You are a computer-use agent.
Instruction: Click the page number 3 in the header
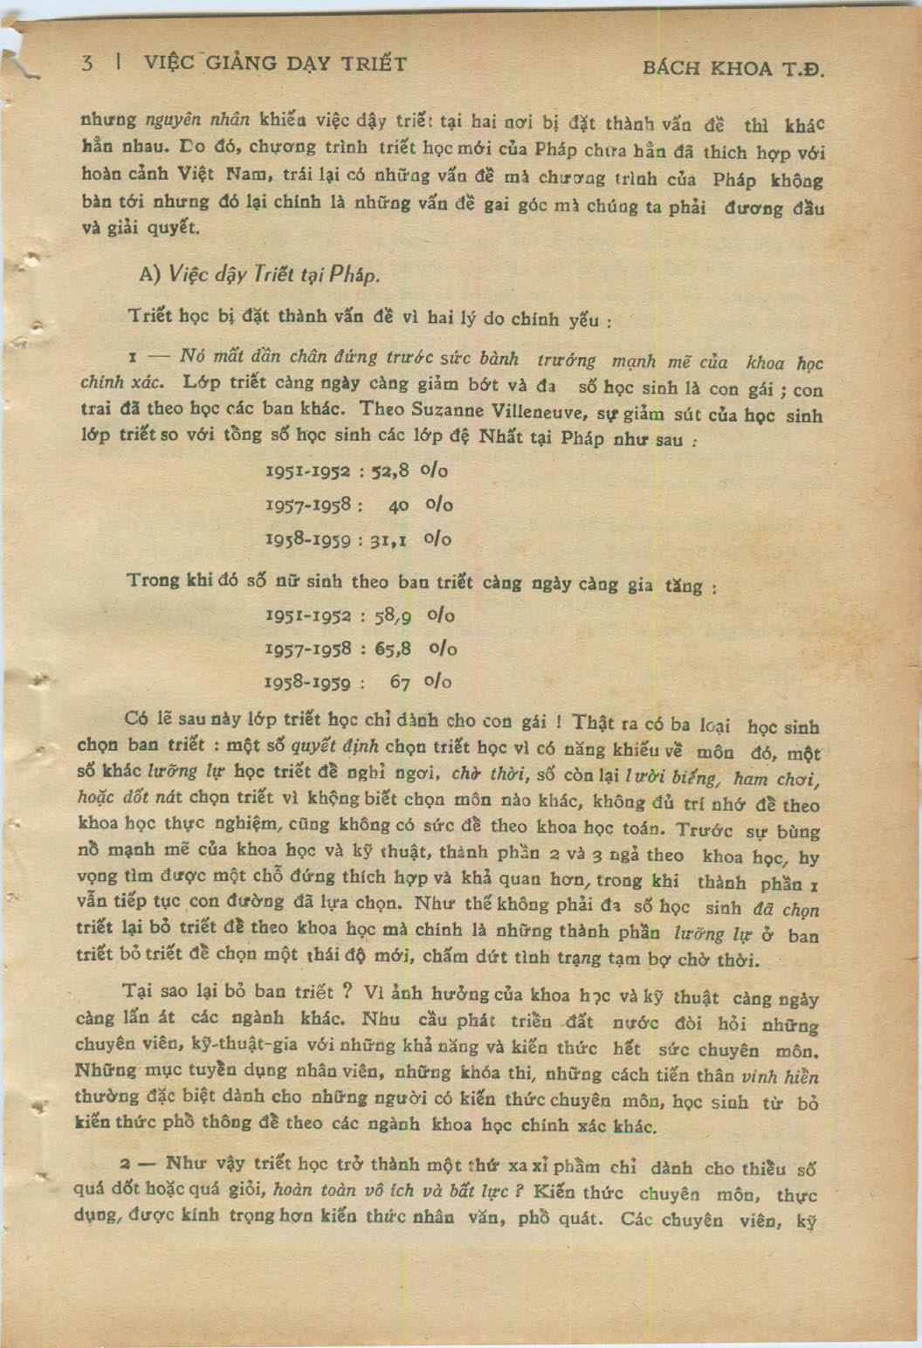(x=86, y=63)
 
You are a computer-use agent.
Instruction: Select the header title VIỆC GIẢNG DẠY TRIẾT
(x=275, y=63)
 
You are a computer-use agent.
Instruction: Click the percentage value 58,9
(x=392, y=616)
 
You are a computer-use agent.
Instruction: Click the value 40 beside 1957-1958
(x=398, y=505)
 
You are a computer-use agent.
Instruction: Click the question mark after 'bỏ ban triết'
(x=347, y=992)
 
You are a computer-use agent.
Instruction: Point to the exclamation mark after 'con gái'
(x=554, y=722)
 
